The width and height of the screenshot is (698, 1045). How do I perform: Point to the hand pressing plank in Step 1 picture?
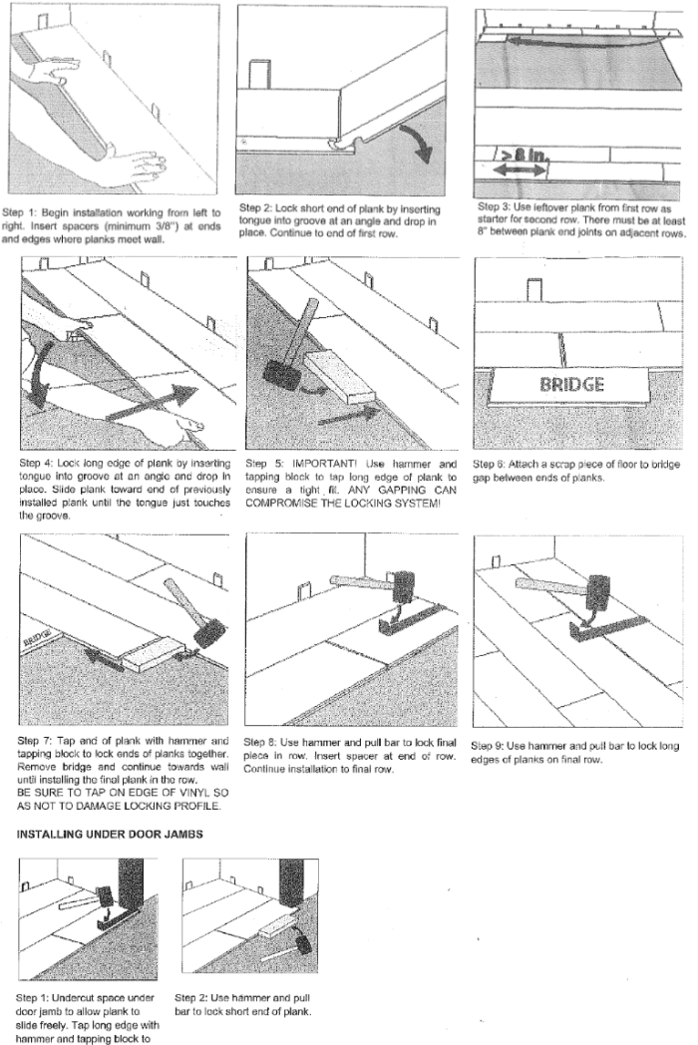(x=131, y=164)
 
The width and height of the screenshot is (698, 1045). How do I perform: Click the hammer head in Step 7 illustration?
(x=208, y=632)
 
